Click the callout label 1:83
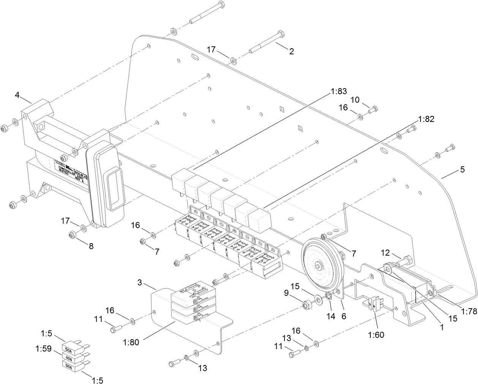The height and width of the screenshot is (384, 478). point(339,92)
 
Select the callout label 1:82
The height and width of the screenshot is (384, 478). point(426,119)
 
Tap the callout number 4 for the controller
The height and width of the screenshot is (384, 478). point(17,95)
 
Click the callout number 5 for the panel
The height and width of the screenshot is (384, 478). point(462,170)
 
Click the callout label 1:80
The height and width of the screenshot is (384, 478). point(131,342)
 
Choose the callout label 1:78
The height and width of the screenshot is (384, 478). point(469,311)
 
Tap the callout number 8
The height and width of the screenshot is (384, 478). point(91,246)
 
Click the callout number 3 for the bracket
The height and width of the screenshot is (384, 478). point(140,283)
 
